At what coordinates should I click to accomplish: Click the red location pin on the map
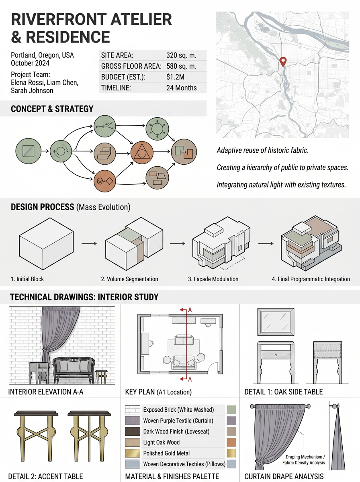point(283,61)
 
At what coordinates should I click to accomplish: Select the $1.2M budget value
point(175,77)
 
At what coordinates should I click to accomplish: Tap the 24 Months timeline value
point(182,88)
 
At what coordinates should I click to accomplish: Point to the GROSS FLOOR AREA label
point(131,66)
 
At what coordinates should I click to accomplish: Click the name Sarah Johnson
point(32,90)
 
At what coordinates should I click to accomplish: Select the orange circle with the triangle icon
point(142,152)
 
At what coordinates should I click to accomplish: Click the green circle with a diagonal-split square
point(29,151)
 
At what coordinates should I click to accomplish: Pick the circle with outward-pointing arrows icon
point(157,129)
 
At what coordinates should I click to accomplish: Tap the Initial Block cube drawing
point(46,243)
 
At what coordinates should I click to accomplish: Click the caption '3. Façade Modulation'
point(213,279)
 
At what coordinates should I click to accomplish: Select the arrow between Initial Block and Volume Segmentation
point(89,243)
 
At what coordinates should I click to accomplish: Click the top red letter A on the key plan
point(190,310)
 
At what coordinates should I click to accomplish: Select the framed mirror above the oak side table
point(276,322)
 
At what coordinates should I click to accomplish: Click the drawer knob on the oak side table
point(276,355)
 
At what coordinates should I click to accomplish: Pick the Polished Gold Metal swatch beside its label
point(133,453)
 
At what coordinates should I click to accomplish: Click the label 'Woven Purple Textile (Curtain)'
point(178,421)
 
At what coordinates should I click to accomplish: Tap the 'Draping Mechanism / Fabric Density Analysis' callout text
point(304,460)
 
